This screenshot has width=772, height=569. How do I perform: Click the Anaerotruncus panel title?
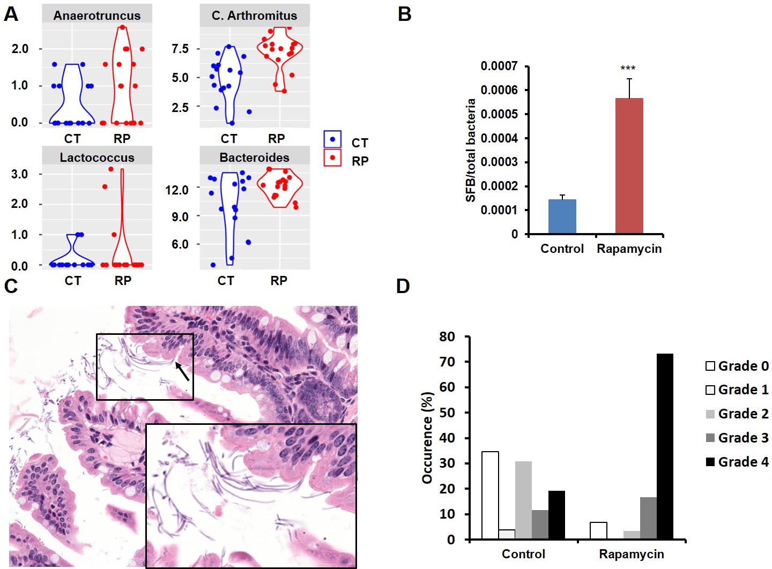(x=96, y=16)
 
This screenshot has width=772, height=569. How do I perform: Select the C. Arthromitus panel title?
(x=254, y=16)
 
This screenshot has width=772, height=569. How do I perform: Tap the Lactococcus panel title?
(x=97, y=158)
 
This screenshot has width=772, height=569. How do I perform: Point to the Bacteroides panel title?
(x=254, y=158)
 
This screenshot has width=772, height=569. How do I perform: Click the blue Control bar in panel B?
(x=562, y=216)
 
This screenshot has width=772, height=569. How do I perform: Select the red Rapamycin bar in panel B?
(x=629, y=166)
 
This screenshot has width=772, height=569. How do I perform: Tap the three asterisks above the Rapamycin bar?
(x=628, y=69)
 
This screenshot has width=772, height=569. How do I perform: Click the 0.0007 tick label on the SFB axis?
(x=499, y=66)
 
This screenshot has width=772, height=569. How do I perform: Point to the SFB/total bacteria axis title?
(x=471, y=150)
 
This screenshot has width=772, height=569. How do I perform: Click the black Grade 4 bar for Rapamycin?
(x=664, y=446)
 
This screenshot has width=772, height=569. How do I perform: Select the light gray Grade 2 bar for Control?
(x=523, y=500)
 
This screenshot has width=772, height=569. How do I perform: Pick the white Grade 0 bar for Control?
(x=490, y=495)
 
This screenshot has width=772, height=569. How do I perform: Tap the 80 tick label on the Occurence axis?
(x=447, y=337)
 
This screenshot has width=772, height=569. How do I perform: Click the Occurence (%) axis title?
(x=427, y=438)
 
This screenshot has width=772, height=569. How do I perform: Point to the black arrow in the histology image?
(x=183, y=371)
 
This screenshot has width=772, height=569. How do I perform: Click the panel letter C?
(x=11, y=286)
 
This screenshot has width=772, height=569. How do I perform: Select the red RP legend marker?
(x=332, y=158)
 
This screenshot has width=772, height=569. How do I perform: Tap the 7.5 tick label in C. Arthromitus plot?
(x=180, y=49)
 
